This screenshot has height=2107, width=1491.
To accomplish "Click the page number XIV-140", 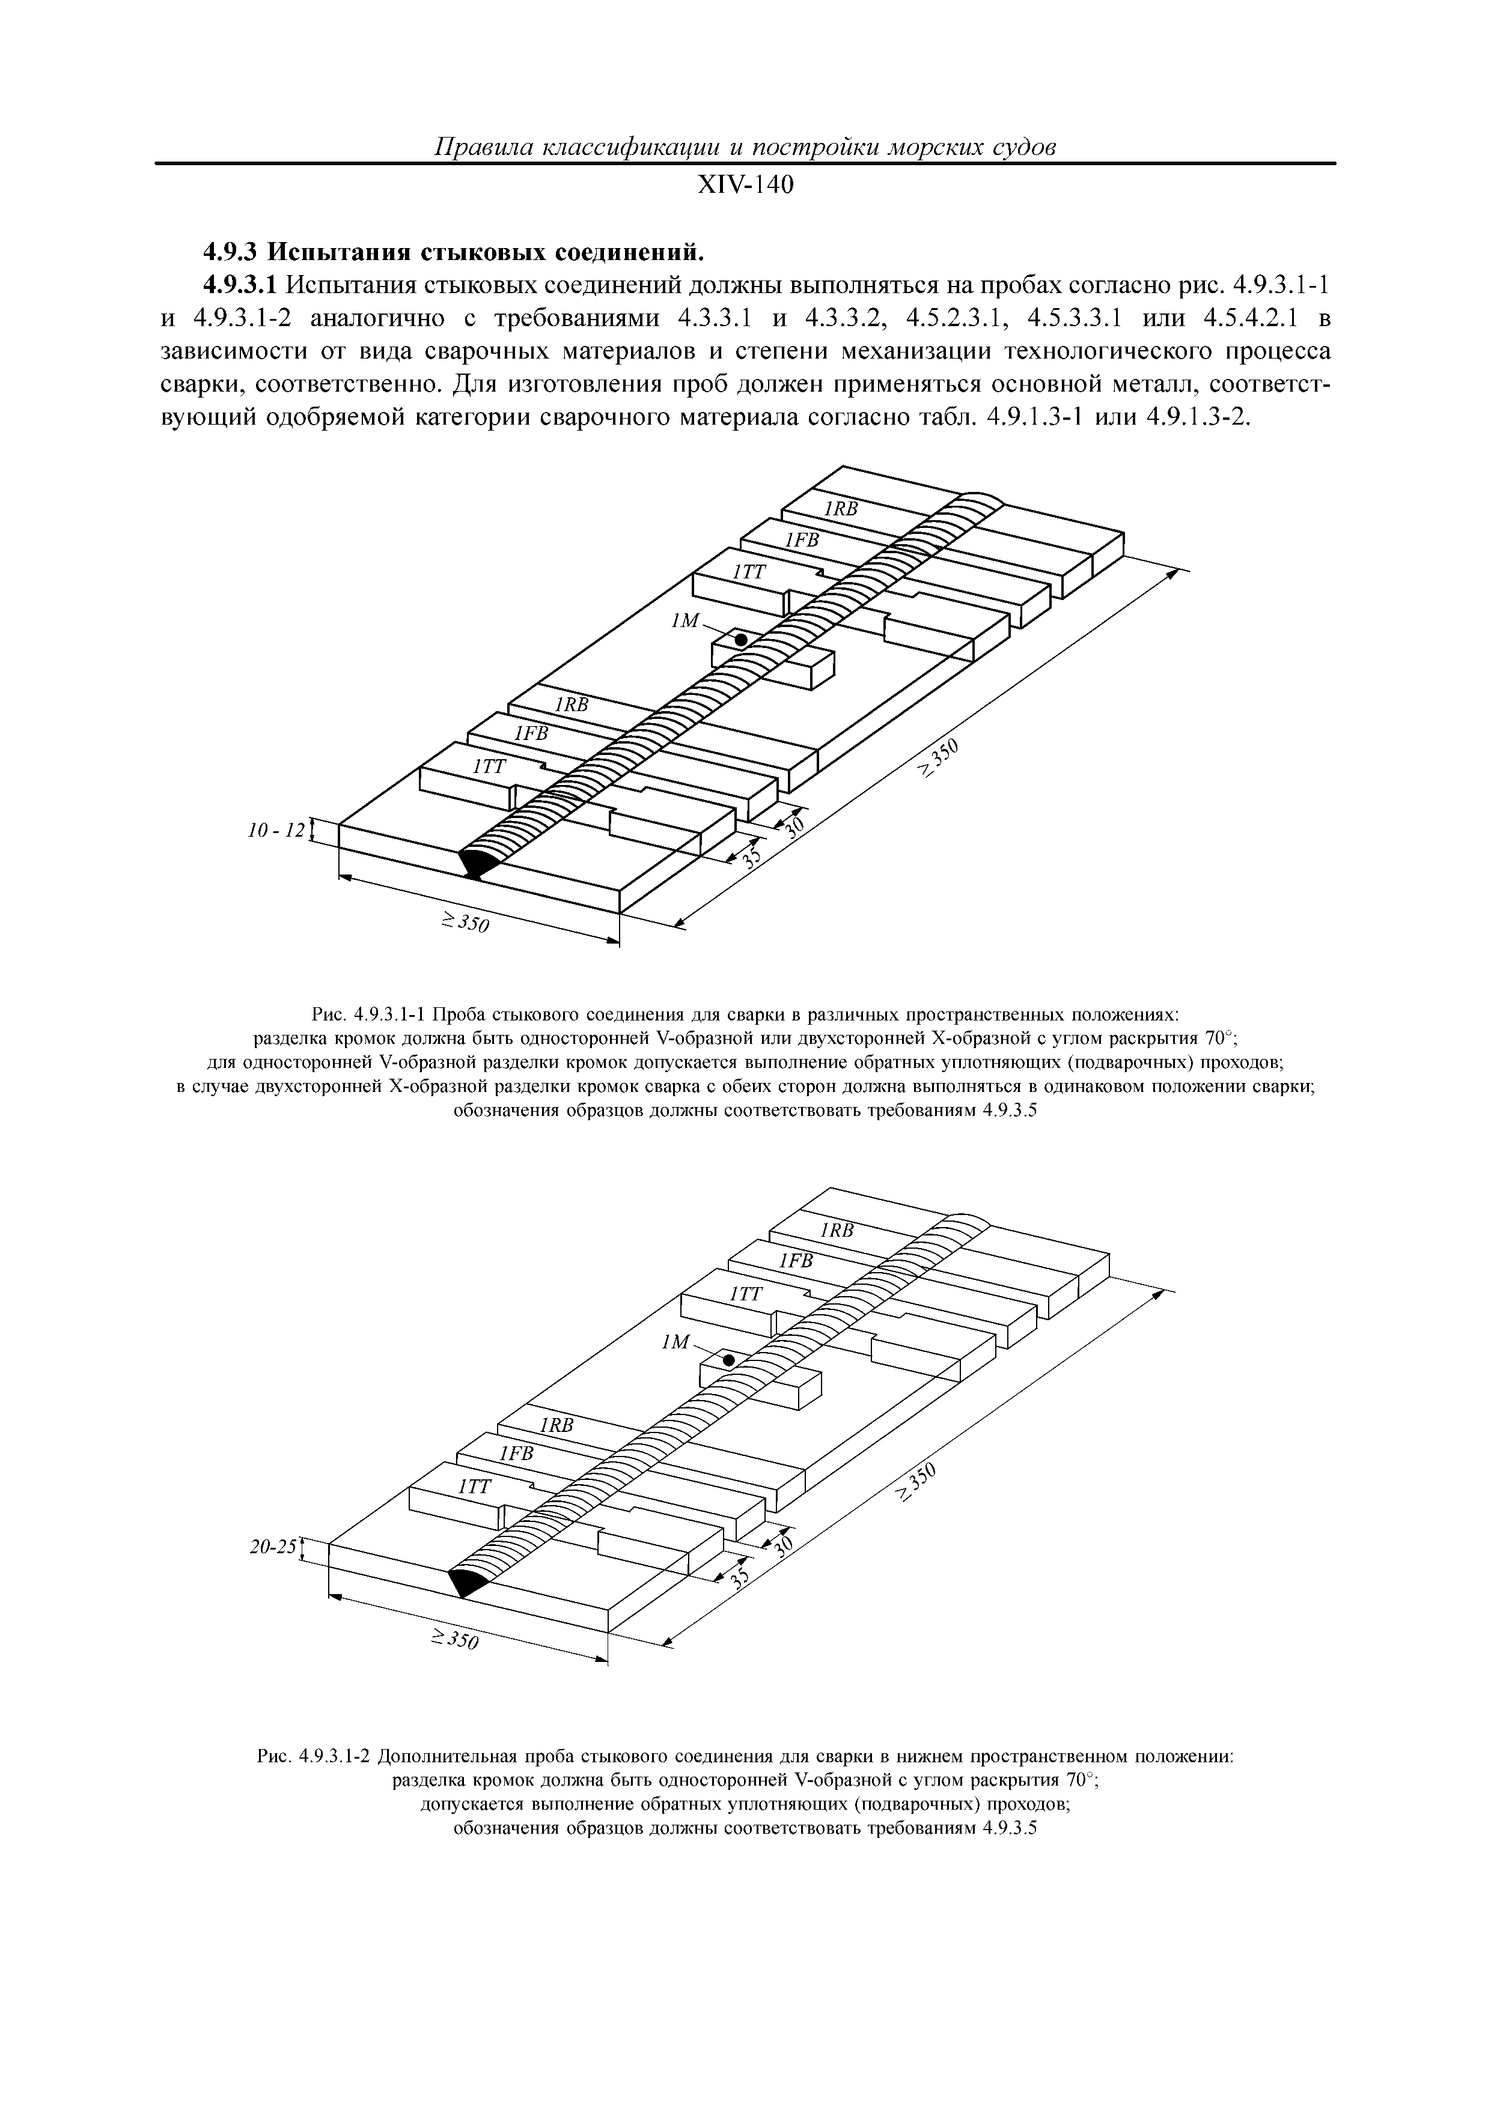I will [x=745, y=186].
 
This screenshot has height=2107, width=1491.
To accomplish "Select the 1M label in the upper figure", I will [x=686, y=622].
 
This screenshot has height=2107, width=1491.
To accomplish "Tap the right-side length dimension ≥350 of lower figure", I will [x=918, y=1484].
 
